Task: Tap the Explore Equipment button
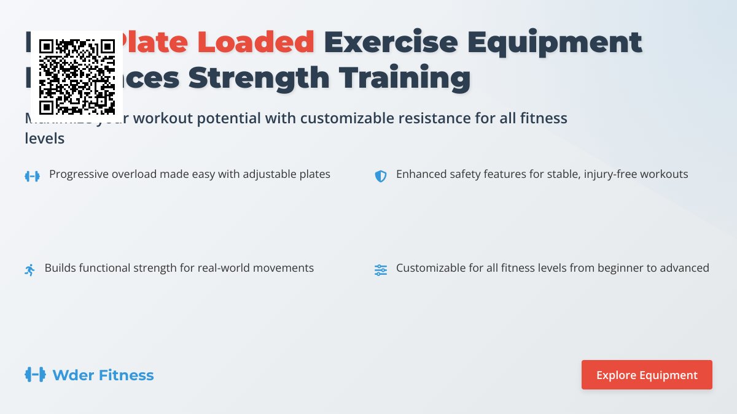(647, 375)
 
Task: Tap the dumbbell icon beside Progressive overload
(32, 176)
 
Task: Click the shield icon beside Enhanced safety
(381, 176)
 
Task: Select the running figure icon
(30, 270)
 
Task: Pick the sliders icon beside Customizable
(381, 270)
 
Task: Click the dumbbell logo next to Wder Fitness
(35, 375)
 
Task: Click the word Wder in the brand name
(71, 375)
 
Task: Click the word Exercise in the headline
(391, 42)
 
